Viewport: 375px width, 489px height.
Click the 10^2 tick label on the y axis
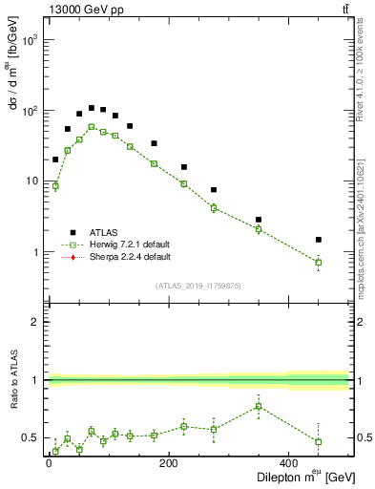(x=31, y=112)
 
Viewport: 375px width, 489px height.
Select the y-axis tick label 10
(x=33, y=181)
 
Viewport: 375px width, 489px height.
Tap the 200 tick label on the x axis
(x=169, y=463)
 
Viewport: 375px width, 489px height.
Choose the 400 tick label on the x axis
(x=289, y=463)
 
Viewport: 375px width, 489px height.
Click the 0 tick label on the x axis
(x=49, y=463)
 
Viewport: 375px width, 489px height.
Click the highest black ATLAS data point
(x=92, y=108)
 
